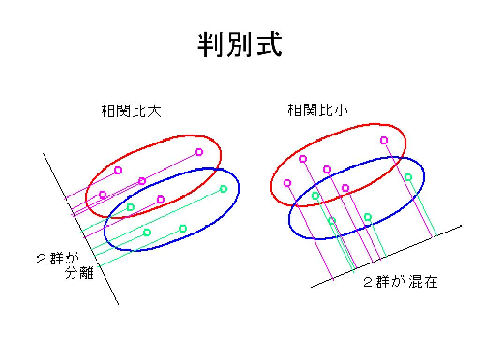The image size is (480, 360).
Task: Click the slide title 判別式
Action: coord(240,45)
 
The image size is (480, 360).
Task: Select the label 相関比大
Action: coord(131,111)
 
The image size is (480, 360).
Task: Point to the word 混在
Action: coord(423,282)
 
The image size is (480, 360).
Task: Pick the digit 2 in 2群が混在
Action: coord(368,282)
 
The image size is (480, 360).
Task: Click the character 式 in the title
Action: coord(268,45)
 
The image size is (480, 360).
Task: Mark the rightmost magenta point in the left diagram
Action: coord(199,152)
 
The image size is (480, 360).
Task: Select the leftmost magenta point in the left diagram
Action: coord(103,195)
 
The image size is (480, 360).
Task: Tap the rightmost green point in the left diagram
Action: coord(224,189)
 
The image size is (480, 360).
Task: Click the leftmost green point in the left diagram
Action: coord(131,207)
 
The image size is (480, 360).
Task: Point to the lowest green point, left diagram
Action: coord(147,232)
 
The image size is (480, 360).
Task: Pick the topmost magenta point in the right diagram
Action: coord(384,140)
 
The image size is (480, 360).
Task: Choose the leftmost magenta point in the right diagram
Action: coord(287,183)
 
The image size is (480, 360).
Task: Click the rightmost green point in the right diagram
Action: coord(408,177)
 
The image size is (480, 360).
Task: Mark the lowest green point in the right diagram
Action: coord(332,220)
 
